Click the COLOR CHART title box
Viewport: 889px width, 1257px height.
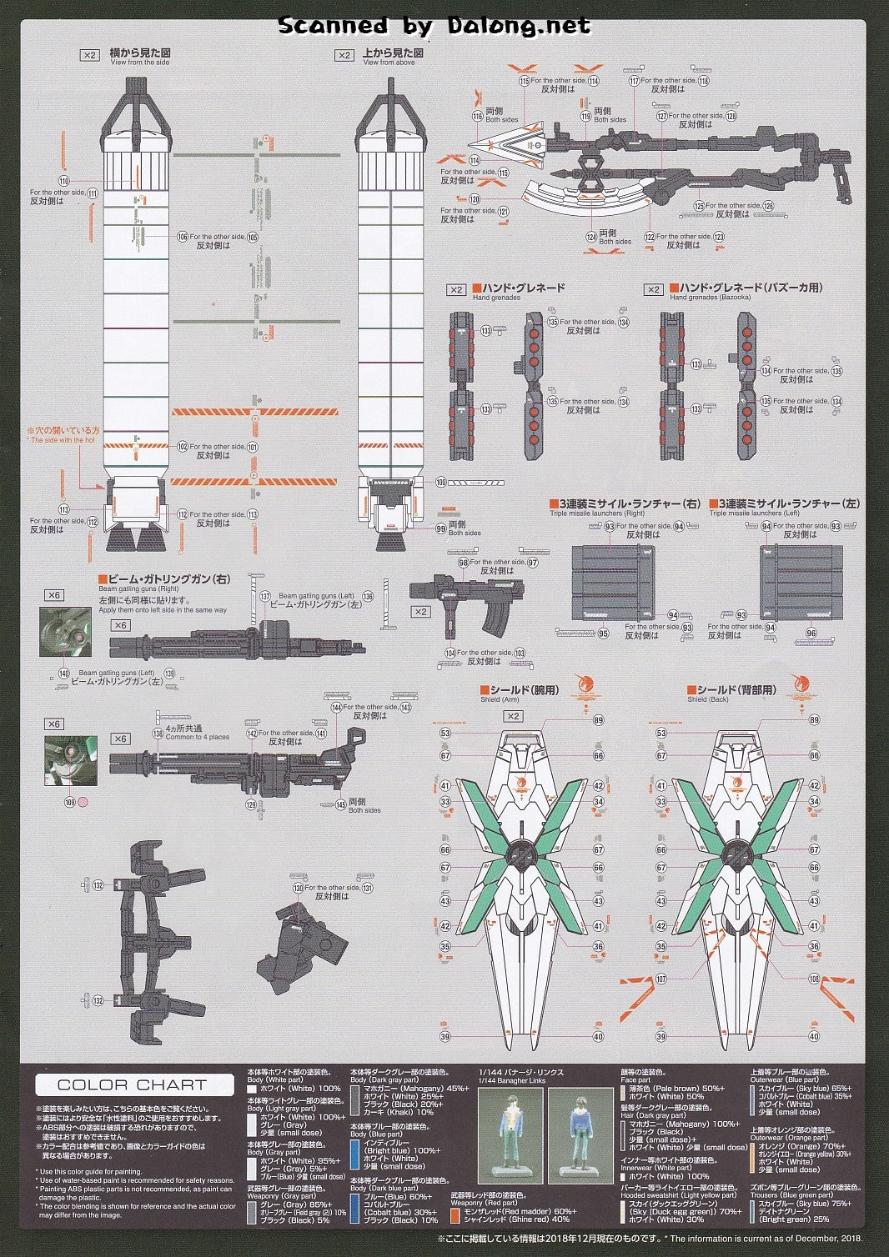pyautogui.click(x=133, y=1084)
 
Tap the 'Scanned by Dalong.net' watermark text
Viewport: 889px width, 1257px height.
pyautogui.click(x=434, y=26)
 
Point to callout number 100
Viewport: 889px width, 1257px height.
pyautogui.click(x=441, y=482)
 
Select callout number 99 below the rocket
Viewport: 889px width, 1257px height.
pyautogui.click(x=441, y=528)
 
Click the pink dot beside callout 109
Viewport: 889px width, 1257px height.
pyautogui.click(x=82, y=804)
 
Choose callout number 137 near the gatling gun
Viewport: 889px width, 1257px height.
pyautogui.click(x=265, y=596)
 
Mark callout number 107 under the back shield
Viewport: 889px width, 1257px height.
pyautogui.click(x=661, y=979)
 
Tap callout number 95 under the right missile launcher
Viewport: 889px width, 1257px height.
pyautogui.click(x=603, y=634)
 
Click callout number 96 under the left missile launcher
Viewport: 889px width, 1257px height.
pyautogui.click(x=811, y=634)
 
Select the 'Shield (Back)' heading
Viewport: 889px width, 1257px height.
pyautogui.click(x=708, y=699)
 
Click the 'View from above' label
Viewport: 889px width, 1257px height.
pyautogui.click(x=389, y=63)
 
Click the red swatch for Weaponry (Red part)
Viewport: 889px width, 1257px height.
pyautogui.click(x=455, y=1214)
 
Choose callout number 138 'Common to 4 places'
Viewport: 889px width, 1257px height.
pyautogui.click(x=158, y=733)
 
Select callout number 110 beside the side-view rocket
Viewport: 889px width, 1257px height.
pyautogui.click(x=63, y=180)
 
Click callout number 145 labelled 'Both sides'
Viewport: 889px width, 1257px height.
pyautogui.click(x=340, y=804)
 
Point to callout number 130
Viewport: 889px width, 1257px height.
pyautogui.click(x=298, y=889)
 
